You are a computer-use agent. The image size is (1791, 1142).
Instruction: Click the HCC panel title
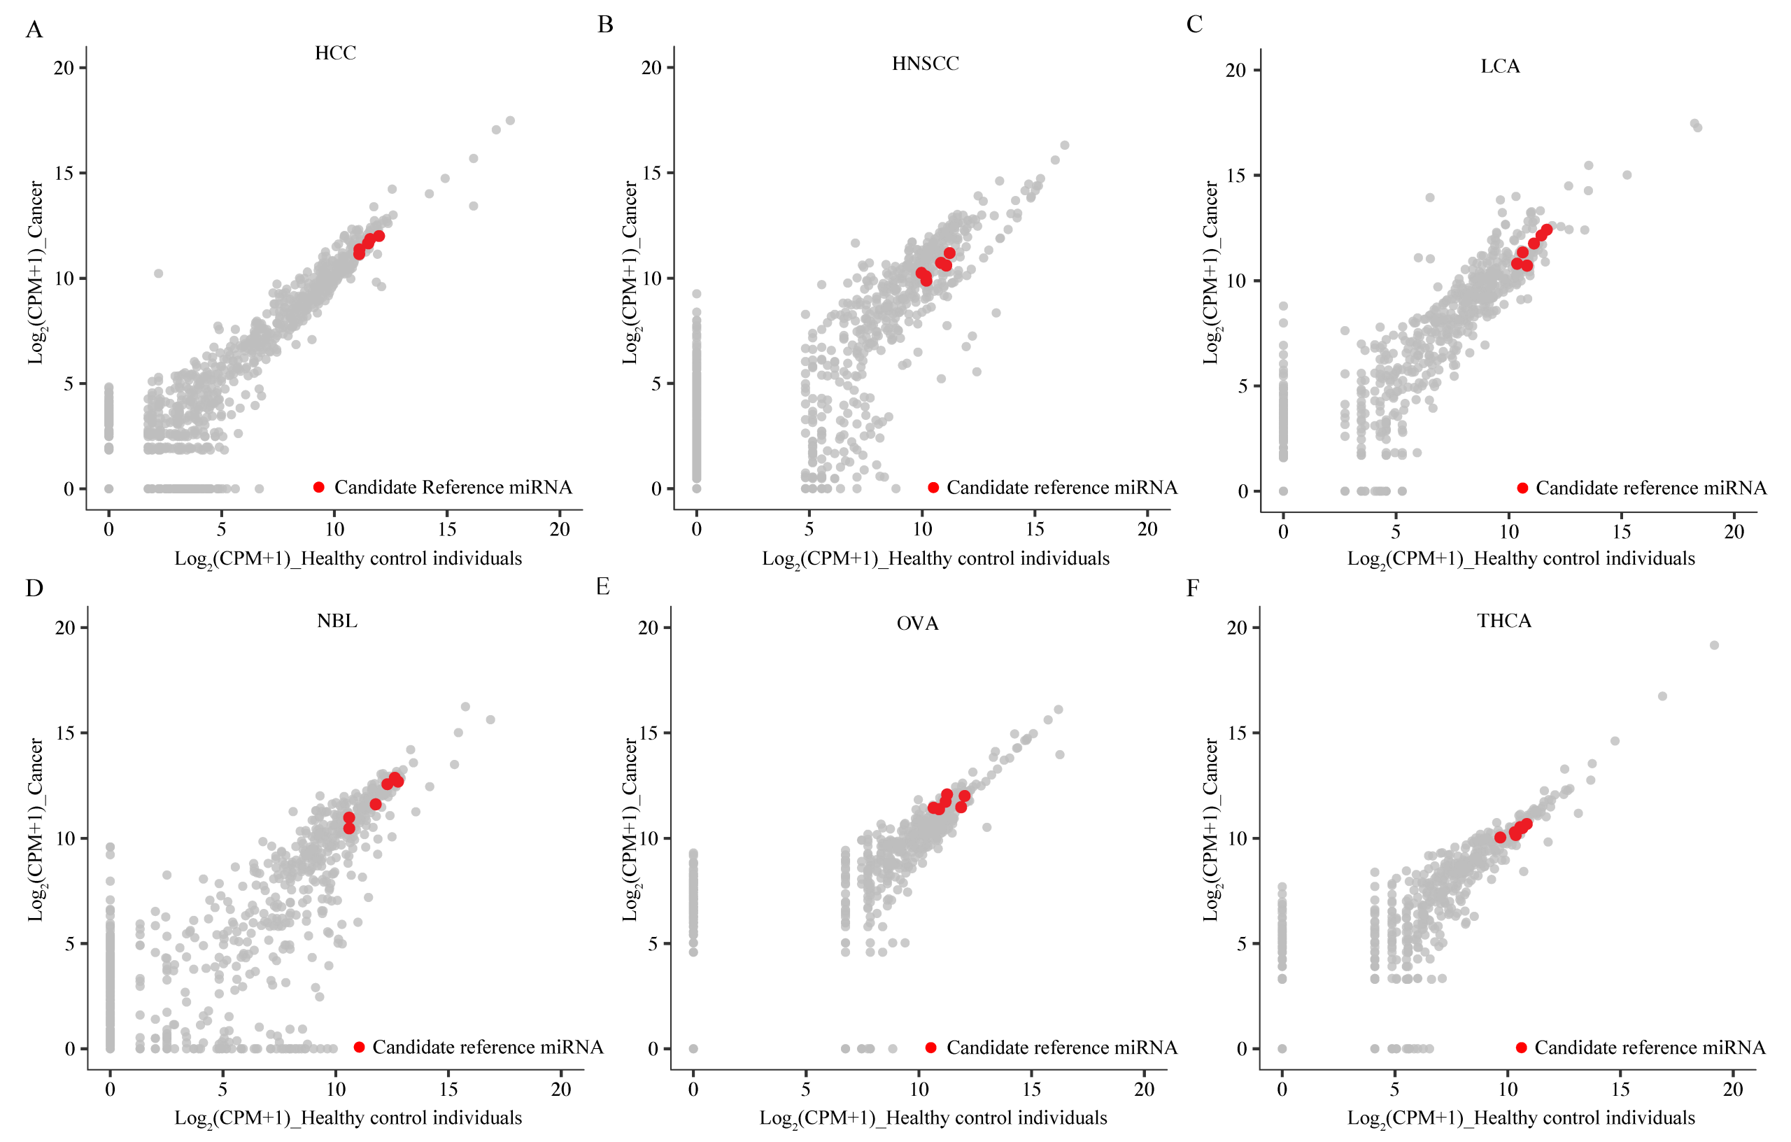pyautogui.click(x=334, y=52)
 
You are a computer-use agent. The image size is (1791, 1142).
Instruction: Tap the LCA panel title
pyautogui.click(x=1499, y=66)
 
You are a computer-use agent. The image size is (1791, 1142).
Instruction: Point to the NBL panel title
pyautogui.click(x=337, y=621)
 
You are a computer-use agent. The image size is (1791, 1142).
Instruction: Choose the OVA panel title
pyautogui.click(x=917, y=623)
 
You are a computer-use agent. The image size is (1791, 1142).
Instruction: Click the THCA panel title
pyautogui.click(x=1504, y=621)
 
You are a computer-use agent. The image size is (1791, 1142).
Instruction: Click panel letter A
pyautogui.click(x=34, y=30)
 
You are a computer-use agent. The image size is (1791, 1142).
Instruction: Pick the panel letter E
pyautogui.click(x=602, y=586)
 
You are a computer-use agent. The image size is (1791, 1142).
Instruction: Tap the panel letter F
pyautogui.click(x=1192, y=588)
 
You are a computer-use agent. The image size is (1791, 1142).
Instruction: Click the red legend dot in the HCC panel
pyautogui.click(x=319, y=487)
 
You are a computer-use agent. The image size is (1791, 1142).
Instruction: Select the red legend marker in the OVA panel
pyautogui.click(x=930, y=1048)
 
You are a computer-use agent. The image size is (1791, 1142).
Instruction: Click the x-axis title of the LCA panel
pyautogui.click(x=1521, y=558)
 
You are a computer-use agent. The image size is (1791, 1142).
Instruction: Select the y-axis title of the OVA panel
pyautogui.click(x=630, y=829)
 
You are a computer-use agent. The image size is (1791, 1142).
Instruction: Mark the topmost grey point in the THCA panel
pyautogui.click(x=1714, y=645)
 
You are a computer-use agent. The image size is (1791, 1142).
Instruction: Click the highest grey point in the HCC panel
pyautogui.click(x=510, y=120)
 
